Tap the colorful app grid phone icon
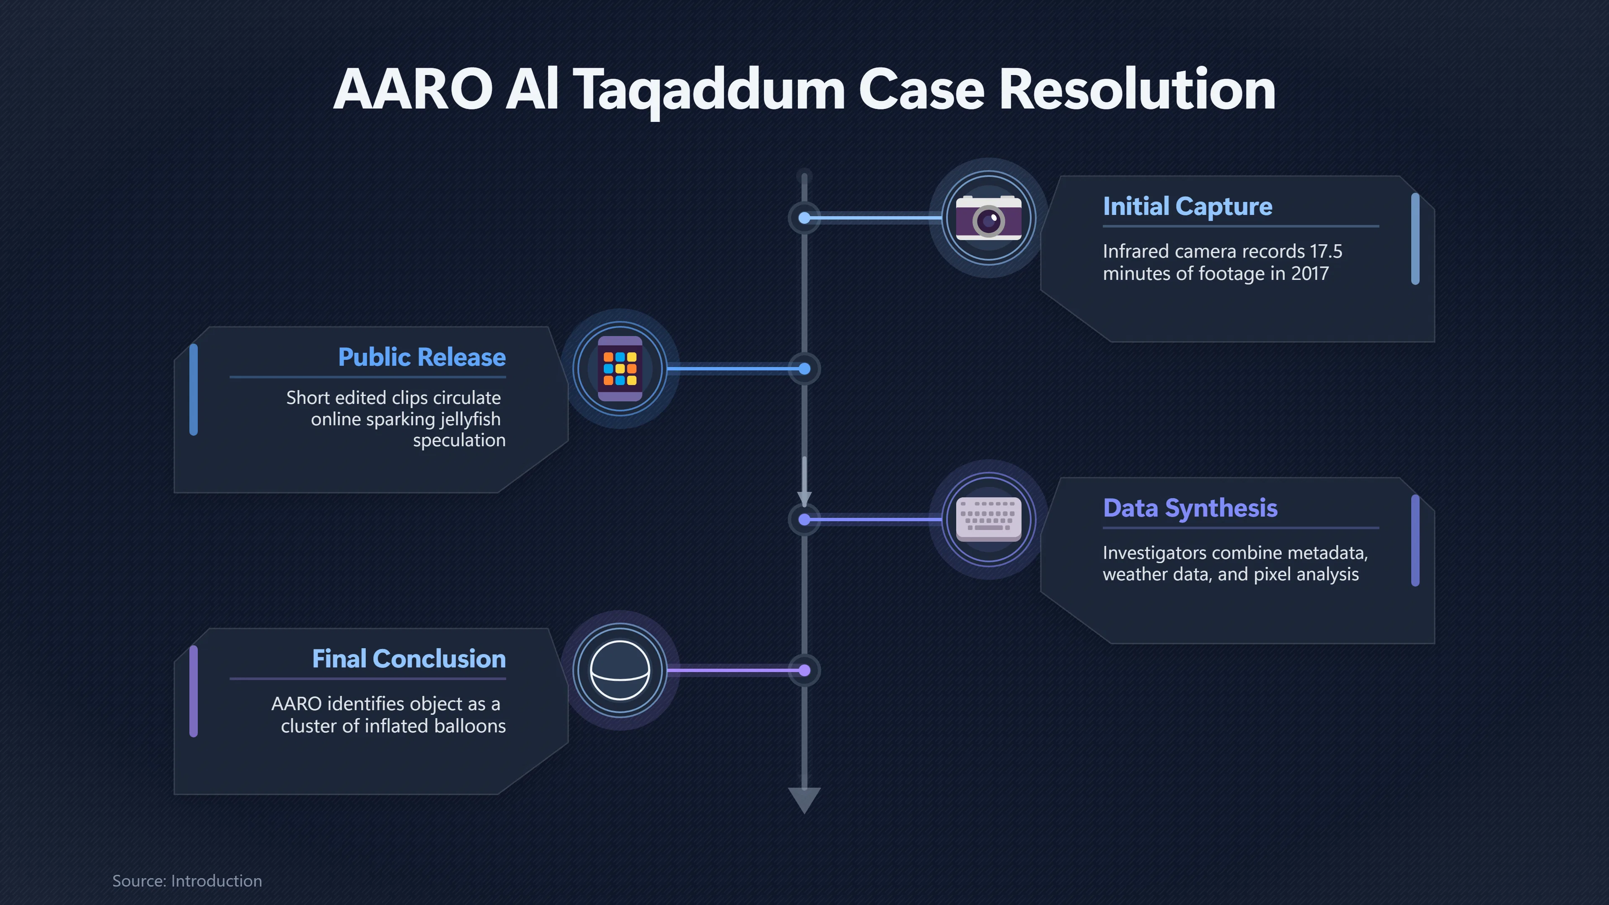[620, 369]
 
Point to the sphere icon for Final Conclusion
[620, 670]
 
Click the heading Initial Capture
[1187, 207]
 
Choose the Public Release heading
[422, 357]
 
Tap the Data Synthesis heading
[1190, 508]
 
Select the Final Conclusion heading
[409, 659]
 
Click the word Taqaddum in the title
[709, 90]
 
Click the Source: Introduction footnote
[187, 881]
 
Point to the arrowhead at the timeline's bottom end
[804, 800]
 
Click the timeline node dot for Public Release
[804, 369]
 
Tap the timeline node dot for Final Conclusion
[804, 670]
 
